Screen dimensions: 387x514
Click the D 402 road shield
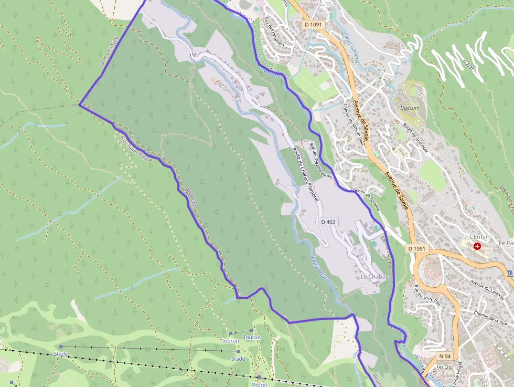pos(327,222)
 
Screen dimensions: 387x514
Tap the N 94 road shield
pos(445,355)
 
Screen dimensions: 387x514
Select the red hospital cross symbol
pos(477,246)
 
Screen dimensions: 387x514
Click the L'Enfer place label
pos(479,237)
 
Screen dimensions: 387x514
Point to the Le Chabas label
pos(374,277)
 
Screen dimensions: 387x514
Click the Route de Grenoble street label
pos(415,138)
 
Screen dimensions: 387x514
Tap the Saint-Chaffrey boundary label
pos(109,52)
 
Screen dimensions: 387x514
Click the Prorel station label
pos(259,384)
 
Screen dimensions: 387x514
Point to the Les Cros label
pos(444,367)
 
